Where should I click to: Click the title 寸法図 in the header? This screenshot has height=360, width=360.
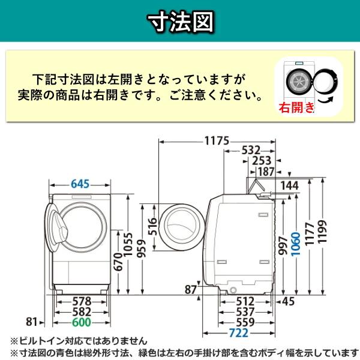point(180,22)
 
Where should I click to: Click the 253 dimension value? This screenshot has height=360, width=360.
point(262,161)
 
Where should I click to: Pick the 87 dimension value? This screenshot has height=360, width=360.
point(191,290)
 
